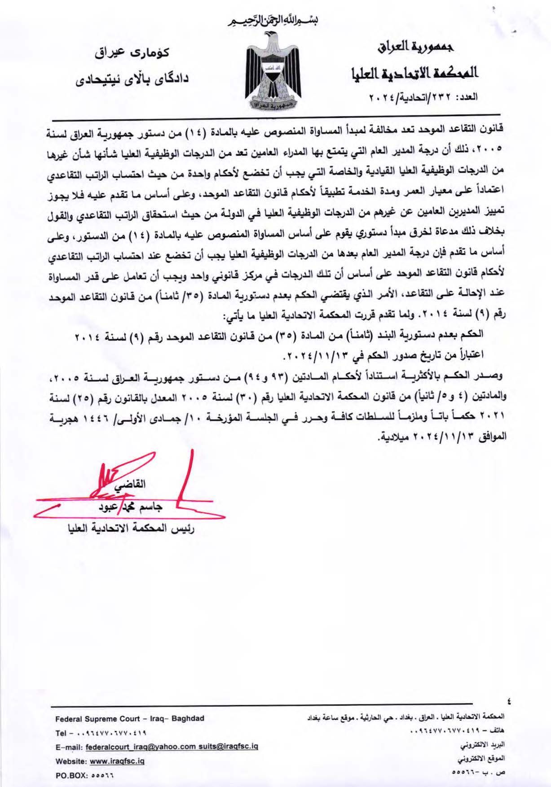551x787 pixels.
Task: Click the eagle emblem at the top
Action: [275, 72]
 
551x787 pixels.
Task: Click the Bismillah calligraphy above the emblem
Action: [275, 21]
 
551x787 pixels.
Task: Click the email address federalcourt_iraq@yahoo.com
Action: [141, 747]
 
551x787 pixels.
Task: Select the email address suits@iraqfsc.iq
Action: [228, 747]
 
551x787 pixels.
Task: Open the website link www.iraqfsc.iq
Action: [117, 762]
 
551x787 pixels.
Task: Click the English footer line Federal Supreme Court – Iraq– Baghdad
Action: [130, 718]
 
